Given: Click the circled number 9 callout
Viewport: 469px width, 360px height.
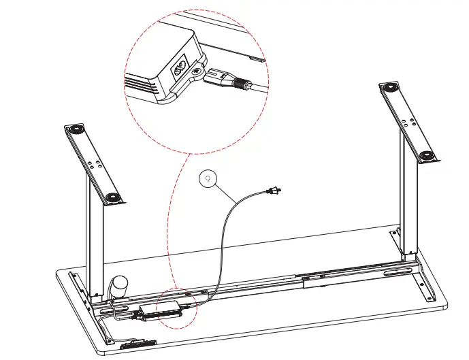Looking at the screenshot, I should point(208,179).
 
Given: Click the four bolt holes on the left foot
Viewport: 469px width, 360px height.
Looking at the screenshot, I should point(94,165).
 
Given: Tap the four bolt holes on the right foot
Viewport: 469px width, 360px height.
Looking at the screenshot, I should point(411,122).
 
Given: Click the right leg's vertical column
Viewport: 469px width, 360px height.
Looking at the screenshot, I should point(407,204).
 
